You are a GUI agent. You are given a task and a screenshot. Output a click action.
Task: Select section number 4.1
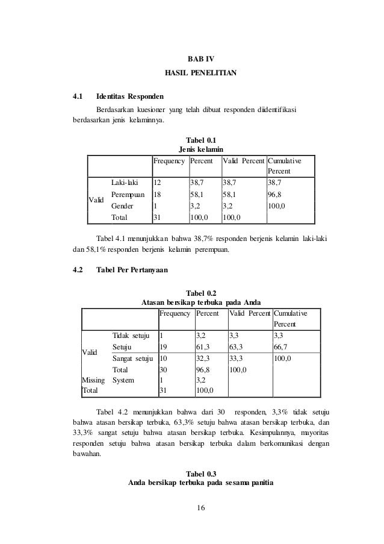[77, 95]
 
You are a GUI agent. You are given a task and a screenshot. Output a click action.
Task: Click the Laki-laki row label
[125, 181]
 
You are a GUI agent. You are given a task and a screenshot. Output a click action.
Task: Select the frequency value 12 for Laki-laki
[158, 181]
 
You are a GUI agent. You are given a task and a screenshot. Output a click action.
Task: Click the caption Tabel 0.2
[201, 293]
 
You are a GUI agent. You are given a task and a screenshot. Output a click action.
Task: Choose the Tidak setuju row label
[131, 335]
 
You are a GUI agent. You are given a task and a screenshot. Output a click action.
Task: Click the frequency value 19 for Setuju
[164, 347]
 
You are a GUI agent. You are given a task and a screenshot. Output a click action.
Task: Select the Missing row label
[93, 380]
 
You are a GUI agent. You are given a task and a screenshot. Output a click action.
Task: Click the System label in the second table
[124, 380]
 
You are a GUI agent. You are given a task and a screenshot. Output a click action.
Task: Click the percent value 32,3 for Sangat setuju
[204, 358]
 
